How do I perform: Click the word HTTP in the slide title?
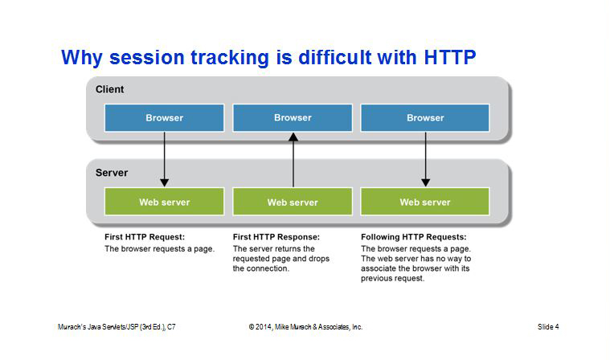pyautogui.click(x=450, y=57)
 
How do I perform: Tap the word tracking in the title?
pyautogui.click(x=230, y=59)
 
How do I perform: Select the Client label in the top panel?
pyautogui.click(x=110, y=89)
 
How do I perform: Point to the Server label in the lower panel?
pyautogui.click(x=112, y=173)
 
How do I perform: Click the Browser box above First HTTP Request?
pyautogui.click(x=164, y=118)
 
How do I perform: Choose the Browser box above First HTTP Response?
pyautogui.click(x=293, y=118)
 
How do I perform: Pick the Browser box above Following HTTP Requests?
pyautogui.click(x=425, y=118)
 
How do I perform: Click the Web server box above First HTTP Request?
pyautogui.click(x=164, y=202)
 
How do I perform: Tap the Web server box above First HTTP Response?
pyautogui.click(x=293, y=202)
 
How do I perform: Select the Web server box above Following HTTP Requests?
pyautogui.click(x=425, y=202)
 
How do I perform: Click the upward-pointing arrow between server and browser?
pyautogui.click(x=293, y=160)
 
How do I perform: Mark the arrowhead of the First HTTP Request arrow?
pyautogui.click(x=165, y=182)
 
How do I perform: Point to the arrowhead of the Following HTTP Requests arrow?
pyautogui.click(x=426, y=182)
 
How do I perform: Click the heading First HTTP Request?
pyautogui.click(x=145, y=237)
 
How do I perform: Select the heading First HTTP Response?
pyautogui.click(x=276, y=237)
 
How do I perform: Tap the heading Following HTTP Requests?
pyautogui.click(x=414, y=237)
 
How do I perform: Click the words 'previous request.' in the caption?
pyautogui.click(x=392, y=278)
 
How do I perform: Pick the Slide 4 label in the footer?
pyautogui.click(x=548, y=327)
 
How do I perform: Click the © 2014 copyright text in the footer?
pyautogui.click(x=305, y=327)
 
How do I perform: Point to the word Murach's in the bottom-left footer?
pyautogui.click(x=72, y=327)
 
